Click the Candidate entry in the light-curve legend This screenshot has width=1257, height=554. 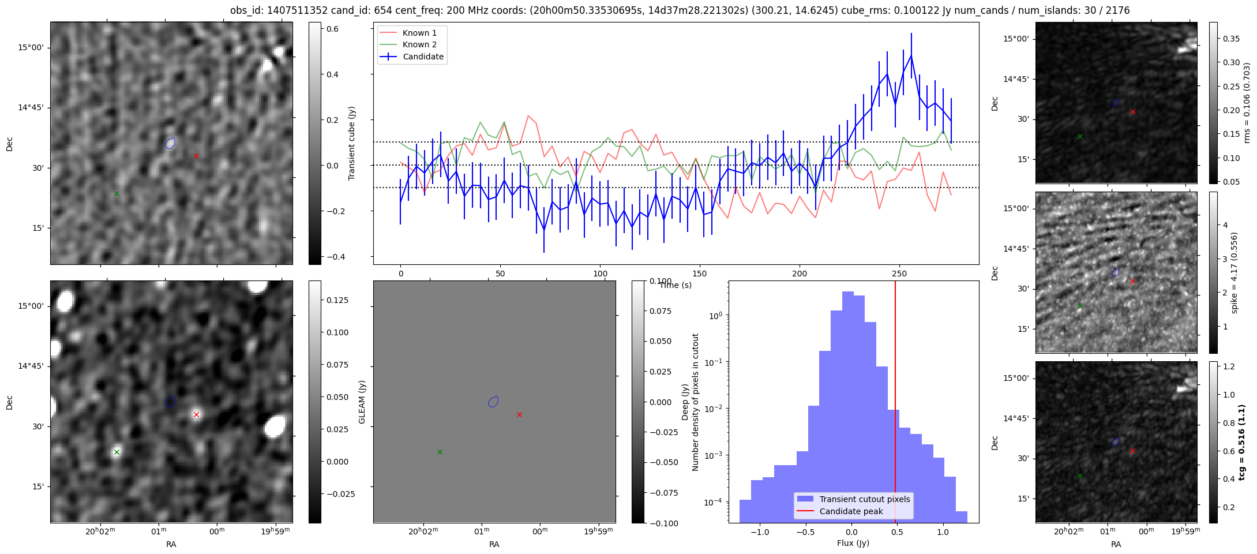423,57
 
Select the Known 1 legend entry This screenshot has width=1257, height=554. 419,33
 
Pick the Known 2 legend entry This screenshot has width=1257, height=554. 419,44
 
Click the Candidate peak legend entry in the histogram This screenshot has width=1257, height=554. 851,511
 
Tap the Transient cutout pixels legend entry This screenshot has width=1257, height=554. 865,499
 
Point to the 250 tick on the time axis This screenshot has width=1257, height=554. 899,273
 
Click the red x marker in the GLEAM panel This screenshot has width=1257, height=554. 519,414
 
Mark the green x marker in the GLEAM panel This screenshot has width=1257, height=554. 440,452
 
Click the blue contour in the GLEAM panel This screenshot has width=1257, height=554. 493,402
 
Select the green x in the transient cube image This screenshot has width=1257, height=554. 117,193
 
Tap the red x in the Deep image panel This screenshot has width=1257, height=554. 196,414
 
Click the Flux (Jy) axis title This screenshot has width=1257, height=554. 853,543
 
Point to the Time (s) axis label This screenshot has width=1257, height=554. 676,285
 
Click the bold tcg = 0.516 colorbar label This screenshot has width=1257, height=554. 1242,442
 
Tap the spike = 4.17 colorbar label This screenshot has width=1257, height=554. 1234,272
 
